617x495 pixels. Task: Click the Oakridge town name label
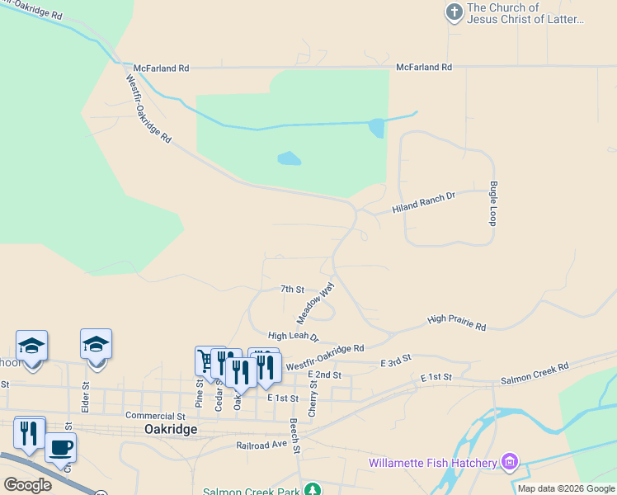click(171, 429)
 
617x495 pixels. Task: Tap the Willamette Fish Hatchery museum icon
click(510, 460)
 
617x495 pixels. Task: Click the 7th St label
click(292, 290)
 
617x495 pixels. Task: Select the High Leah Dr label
click(292, 336)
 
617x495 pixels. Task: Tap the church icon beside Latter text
click(454, 12)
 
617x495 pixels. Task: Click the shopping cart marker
click(205, 360)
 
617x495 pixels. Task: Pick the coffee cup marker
click(60, 448)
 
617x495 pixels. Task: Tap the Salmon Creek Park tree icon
click(312, 490)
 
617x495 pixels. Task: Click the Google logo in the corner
click(26, 484)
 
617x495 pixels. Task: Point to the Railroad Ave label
click(261, 444)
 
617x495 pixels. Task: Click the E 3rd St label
click(395, 362)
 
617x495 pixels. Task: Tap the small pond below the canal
click(289, 158)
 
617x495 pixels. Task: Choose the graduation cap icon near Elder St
click(96, 344)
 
